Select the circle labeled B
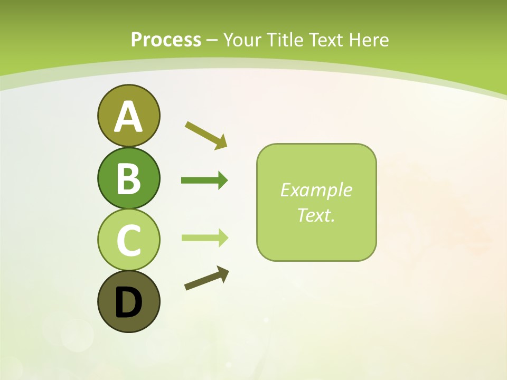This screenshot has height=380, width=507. point(128,178)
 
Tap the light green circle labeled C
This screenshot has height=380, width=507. point(128,240)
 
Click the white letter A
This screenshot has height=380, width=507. point(128,117)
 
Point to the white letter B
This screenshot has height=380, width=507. point(128,178)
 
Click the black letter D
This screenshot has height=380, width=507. point(128,303)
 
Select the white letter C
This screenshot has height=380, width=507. point(128,240)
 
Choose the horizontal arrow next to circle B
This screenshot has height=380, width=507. point(204,180)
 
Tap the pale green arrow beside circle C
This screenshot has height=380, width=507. point(204,237)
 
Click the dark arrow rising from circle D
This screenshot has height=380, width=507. point(206,278)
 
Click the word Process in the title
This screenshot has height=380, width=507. point(166,40)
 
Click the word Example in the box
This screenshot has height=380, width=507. point(316,190)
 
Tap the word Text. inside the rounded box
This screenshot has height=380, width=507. point(316,215)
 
